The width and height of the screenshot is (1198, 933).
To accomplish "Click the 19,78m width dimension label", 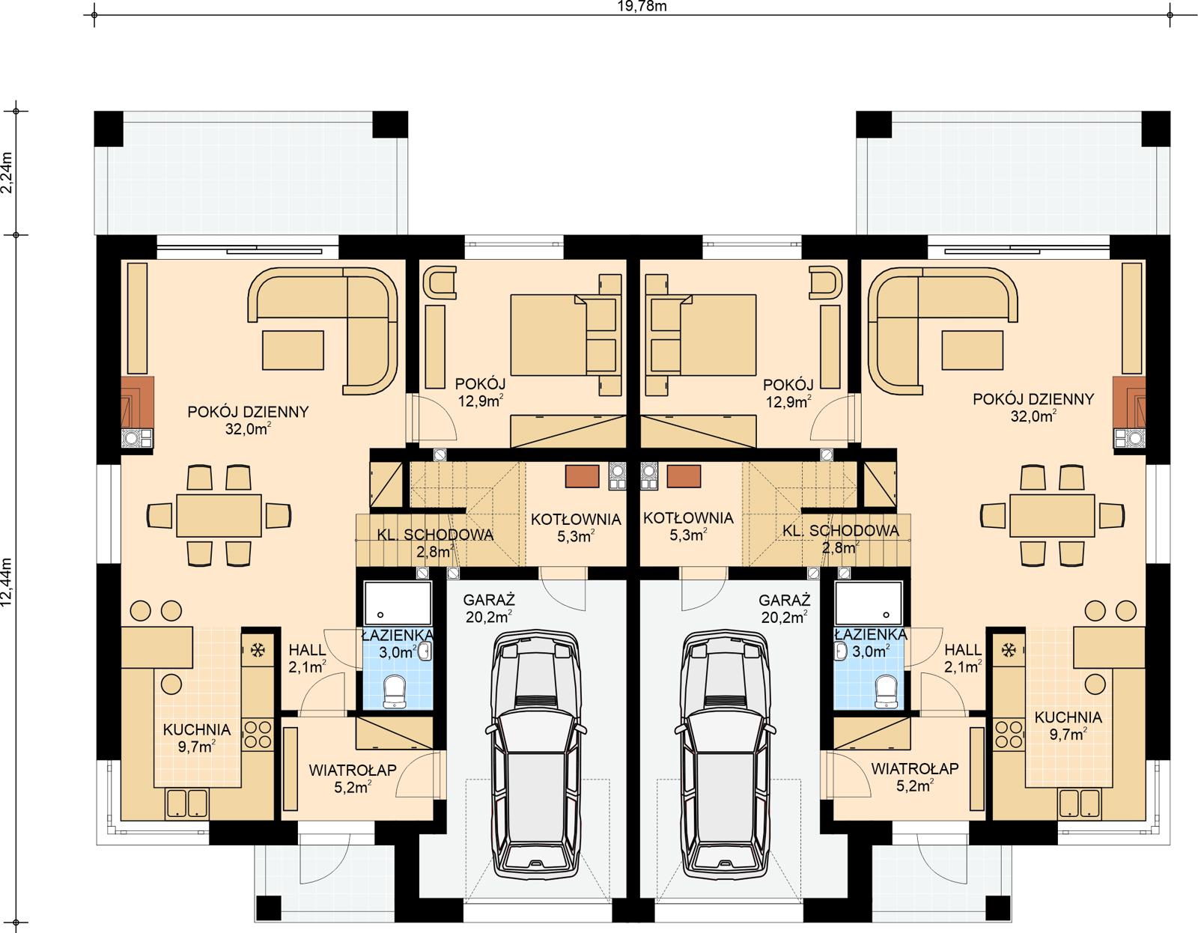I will tap(632, 7).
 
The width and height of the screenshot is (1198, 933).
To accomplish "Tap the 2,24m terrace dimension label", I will tap(8, 173).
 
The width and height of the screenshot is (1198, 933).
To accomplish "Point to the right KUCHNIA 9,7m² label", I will tap(1068, 726).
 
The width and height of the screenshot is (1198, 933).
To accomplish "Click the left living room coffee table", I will tap(293, 350).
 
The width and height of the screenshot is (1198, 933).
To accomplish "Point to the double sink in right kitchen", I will tap(1079, 803).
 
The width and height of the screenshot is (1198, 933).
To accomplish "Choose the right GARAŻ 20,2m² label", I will tap(784, 608).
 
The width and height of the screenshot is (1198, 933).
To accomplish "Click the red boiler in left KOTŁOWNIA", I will tap(583, 477).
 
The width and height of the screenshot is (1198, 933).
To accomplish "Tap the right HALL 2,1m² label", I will tap(962, 657).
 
